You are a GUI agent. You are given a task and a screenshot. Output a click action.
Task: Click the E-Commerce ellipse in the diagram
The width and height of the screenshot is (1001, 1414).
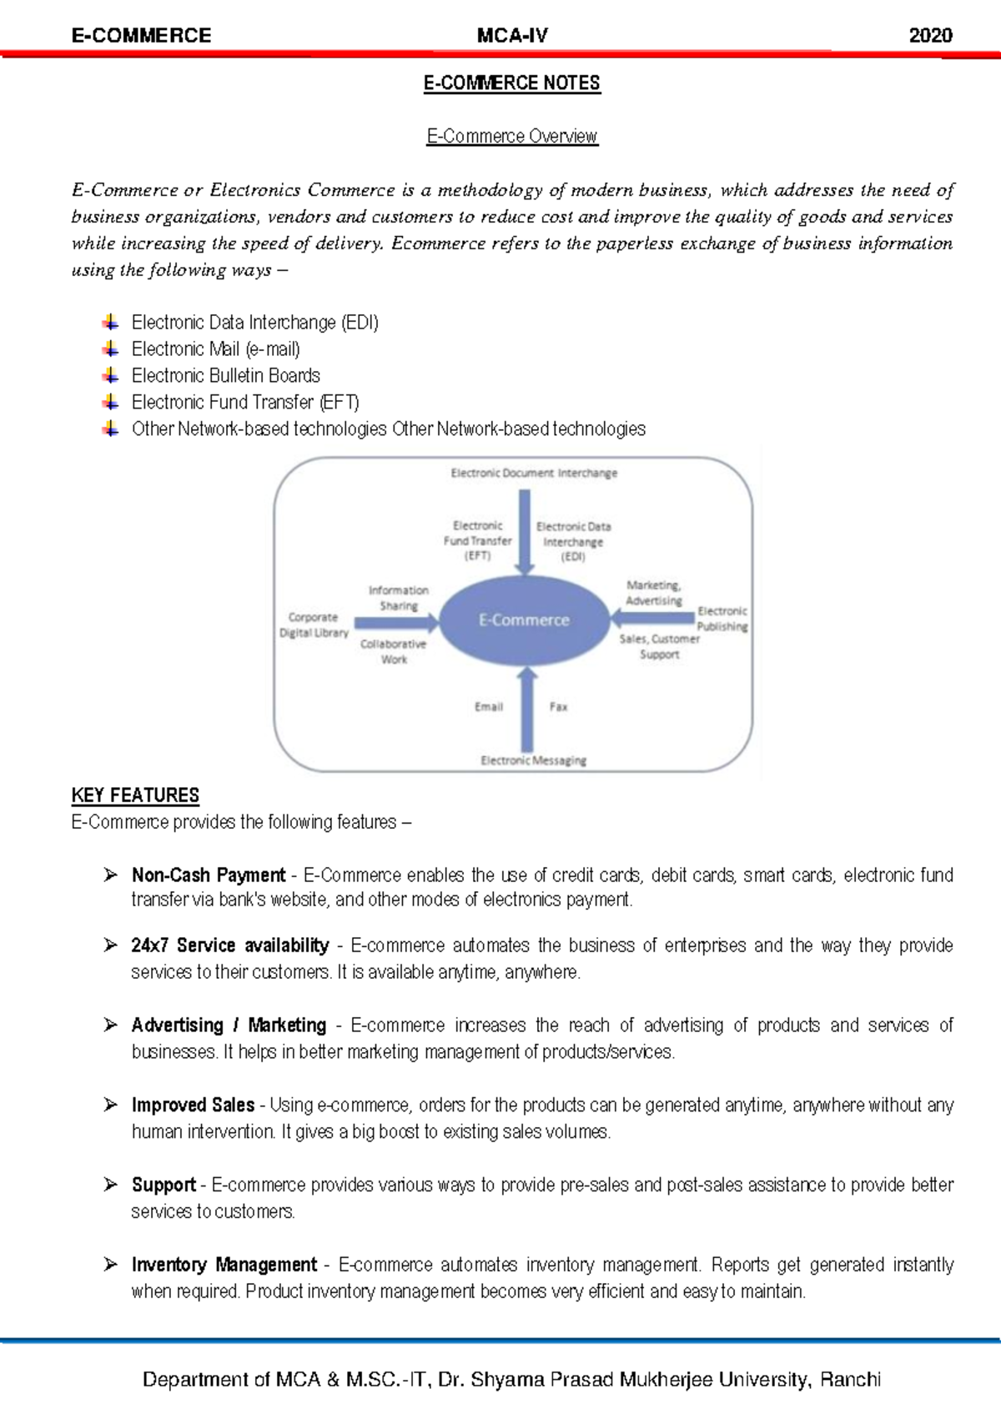pyautogui.click(x=524, y=619)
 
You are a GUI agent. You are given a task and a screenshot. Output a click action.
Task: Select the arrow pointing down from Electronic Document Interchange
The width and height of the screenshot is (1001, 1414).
pyautogui.click(x=524, y=532)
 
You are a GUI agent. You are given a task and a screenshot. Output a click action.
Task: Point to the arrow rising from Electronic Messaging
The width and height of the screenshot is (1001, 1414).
pyautogui.click(x=526, y=710)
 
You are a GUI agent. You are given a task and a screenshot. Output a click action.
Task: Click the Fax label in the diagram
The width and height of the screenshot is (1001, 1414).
pyautogui.click(x=558, y=707)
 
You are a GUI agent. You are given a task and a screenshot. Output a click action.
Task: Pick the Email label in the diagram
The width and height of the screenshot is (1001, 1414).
pyautogui.click(x=489, y=707)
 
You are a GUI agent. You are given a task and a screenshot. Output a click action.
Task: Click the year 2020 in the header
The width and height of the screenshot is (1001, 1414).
pyautogui.click(x=930, y=35)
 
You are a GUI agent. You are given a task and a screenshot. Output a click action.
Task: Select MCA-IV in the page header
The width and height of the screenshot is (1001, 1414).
pyautogui.click(x=512, y=35)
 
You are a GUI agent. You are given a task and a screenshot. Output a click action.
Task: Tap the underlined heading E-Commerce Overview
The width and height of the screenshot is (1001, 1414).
pyautogui.click(x=512, y=136)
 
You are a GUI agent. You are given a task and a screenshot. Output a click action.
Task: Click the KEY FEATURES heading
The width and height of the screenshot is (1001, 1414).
pyautogui.click(x=135, y=795)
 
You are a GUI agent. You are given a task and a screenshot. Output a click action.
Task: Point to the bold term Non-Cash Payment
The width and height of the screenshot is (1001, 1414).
pyautogui.click(x=209, y=875)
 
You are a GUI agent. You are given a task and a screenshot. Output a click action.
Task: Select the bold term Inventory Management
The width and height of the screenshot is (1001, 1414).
pyautogui.click(x=224, y=1265)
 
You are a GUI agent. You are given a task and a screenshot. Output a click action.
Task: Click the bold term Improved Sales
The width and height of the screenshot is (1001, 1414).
pyautogui.click(x=193, y=1105)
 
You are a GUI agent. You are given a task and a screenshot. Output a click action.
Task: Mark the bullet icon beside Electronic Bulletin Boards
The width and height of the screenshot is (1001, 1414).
pyautogui.click(x=110, y=375)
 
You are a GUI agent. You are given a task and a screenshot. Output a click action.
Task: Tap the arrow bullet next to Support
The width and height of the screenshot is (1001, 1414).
pyautogui.click(x=110, y=1185)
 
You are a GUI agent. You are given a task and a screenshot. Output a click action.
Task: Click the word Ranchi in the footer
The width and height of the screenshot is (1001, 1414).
pyautogui.click(x=850, y=1379)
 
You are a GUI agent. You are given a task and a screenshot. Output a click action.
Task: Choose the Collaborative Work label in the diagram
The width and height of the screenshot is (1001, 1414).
pyautogui.click(x=393, y=651)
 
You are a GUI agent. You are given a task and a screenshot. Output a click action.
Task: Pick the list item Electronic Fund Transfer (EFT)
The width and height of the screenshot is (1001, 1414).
pyautogui.click(x=245, y=402)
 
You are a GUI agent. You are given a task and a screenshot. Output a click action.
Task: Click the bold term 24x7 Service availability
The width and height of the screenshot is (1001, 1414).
pyautogui.click(x=230, y=945)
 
